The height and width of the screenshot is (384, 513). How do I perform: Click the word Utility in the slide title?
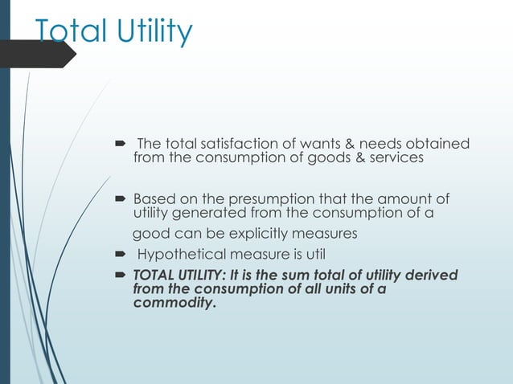click(153, 32)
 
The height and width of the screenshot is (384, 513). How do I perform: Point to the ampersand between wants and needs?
click(351, 144)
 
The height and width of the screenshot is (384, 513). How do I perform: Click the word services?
click(388, 158)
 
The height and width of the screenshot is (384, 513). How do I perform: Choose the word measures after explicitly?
click(326, 234)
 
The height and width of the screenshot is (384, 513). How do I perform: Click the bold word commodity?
click(174, 304)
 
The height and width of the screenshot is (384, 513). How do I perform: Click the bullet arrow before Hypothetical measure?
click(121, 255)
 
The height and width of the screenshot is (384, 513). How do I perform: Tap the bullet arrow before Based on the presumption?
click(121, 198)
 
